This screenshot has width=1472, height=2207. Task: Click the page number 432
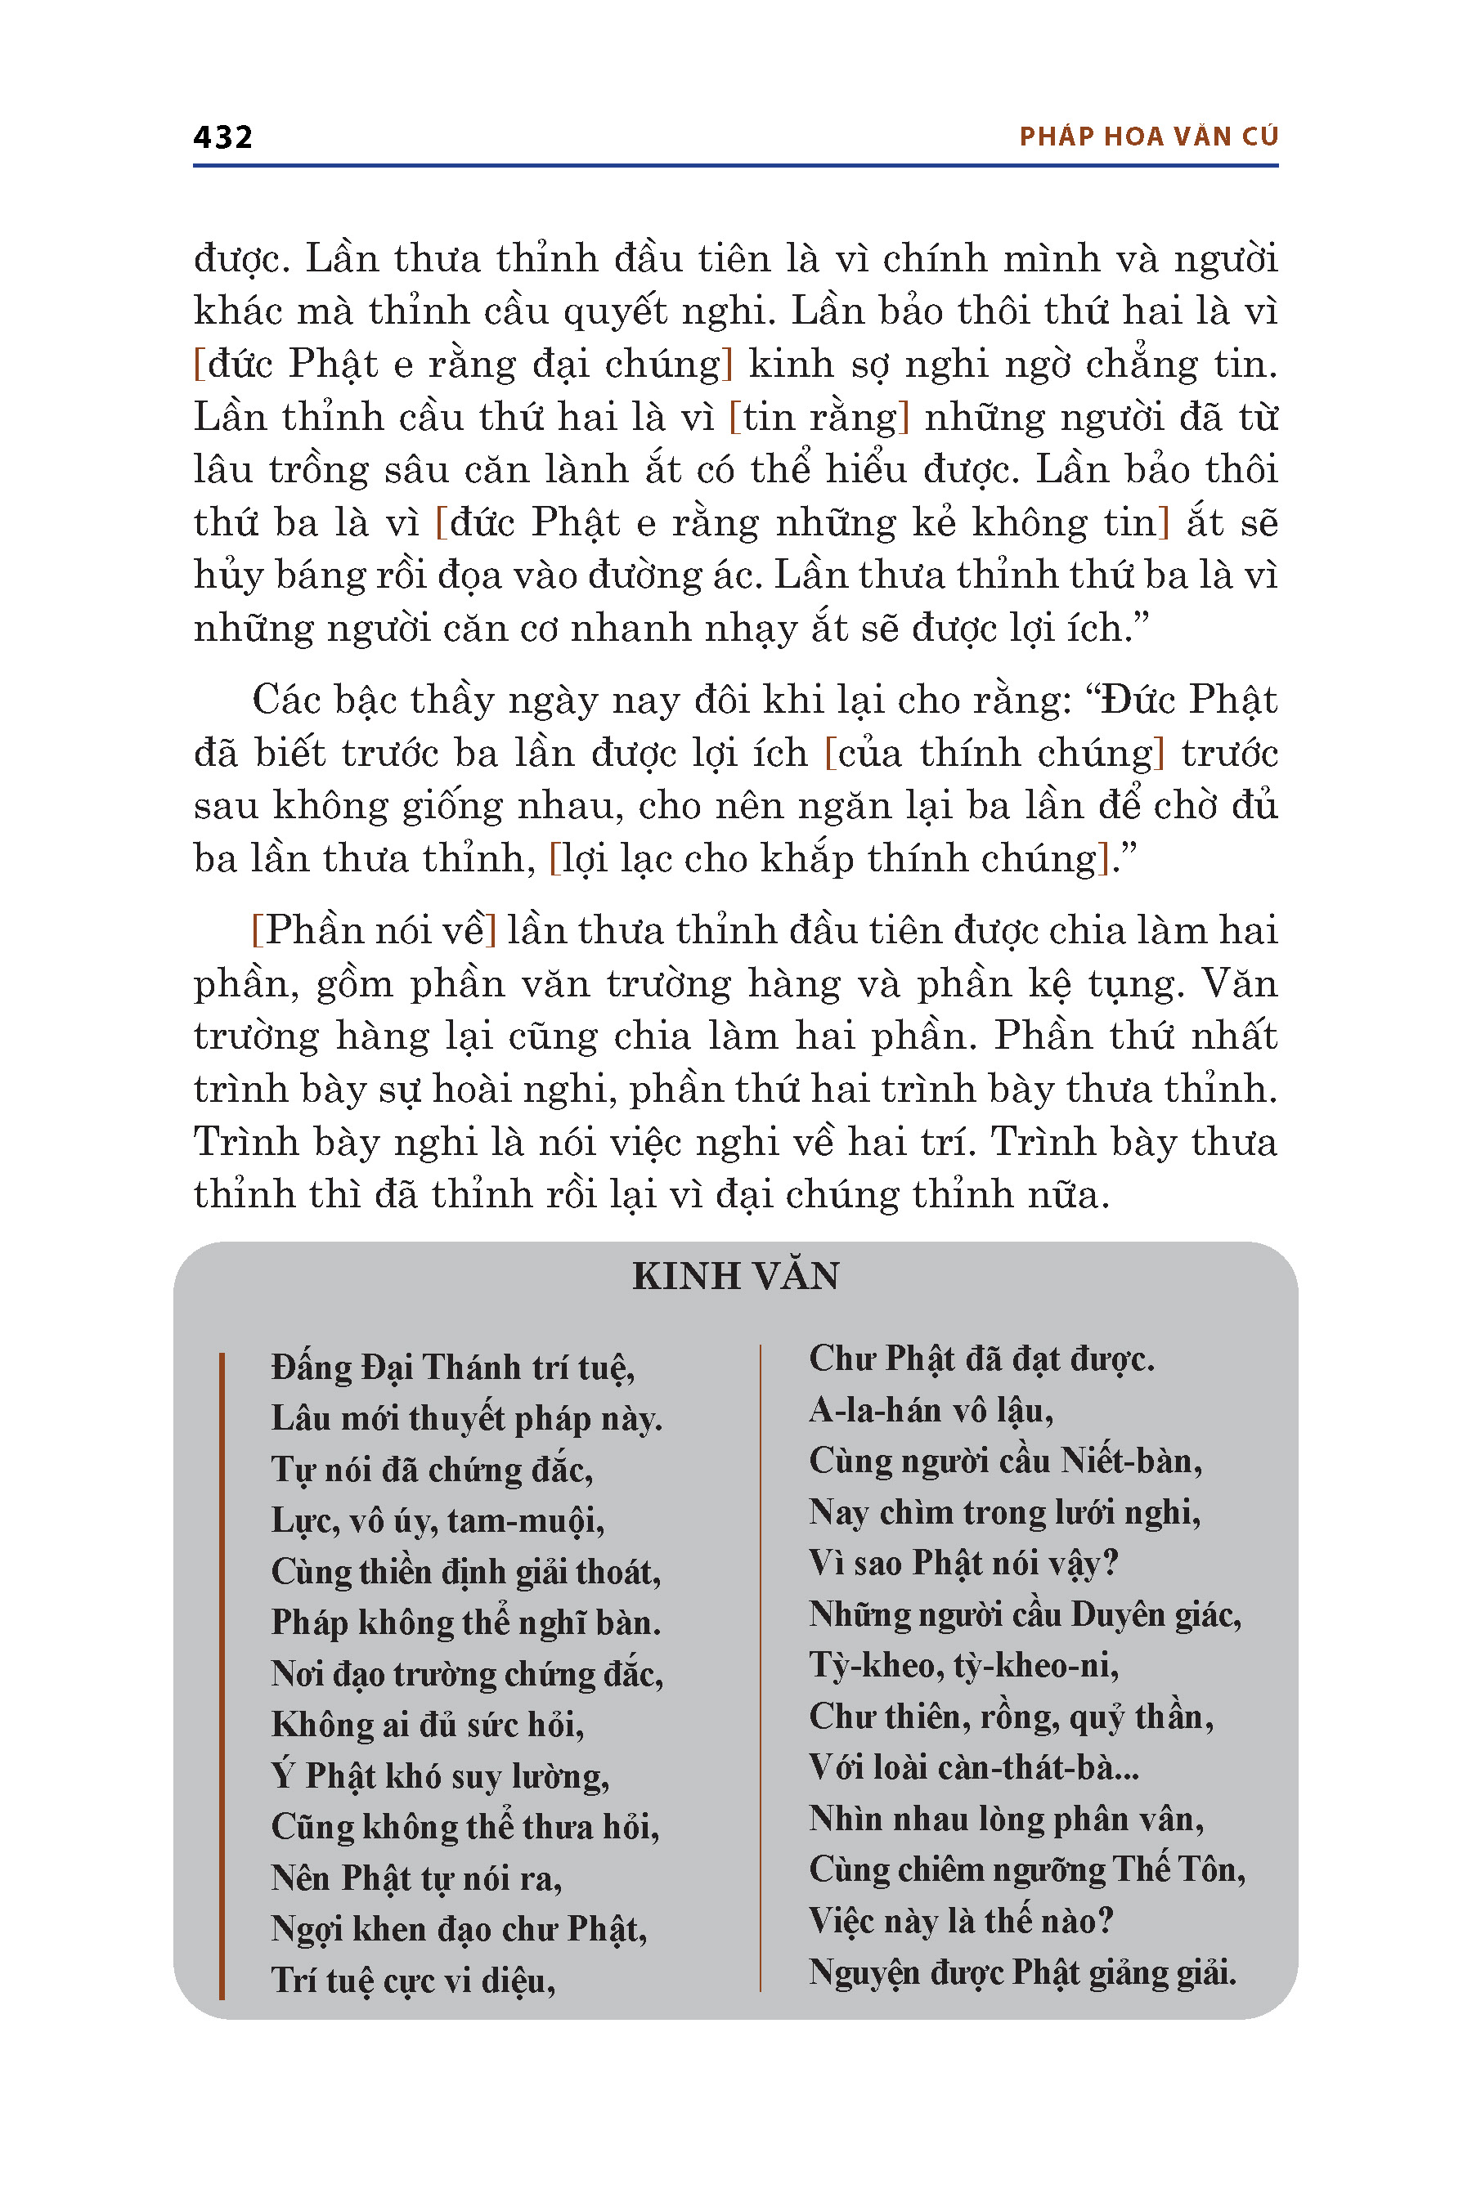click(222, 137)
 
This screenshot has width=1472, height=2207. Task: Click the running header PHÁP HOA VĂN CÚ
click(1148, 137)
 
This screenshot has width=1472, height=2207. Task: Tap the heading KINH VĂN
click(735, 1276)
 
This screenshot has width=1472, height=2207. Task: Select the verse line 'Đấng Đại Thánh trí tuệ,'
click(452, 1368)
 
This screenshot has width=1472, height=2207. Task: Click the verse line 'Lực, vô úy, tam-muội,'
click(438, 1520)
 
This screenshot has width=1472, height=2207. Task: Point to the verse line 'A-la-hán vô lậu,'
click(931, 1410)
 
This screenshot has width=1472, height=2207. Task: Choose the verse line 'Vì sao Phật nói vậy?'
click(963, 1563)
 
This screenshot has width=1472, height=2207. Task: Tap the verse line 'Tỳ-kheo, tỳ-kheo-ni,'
click(964, 1666)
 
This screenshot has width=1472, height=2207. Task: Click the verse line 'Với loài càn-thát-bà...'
click(973, 1768)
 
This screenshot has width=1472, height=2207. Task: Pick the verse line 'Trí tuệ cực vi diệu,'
click(413, 1981)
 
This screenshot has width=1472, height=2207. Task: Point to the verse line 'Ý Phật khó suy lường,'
click(440, 1776)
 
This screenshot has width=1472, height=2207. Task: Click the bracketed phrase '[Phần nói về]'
click(374, 931)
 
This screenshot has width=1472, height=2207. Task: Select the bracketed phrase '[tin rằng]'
click(819, 418)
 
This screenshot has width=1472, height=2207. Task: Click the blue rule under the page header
click(735, 166)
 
